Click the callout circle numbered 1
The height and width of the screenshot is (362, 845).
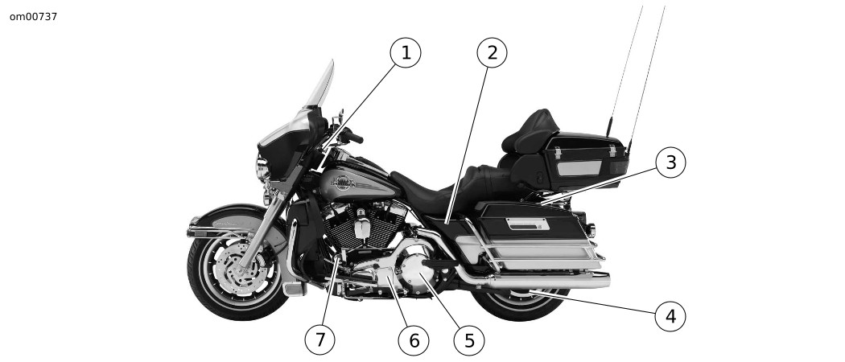[406, 53]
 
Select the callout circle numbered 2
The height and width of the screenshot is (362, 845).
[492, 53]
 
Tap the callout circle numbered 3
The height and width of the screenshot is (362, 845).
[670, 162]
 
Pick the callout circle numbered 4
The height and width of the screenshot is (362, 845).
[670, 316]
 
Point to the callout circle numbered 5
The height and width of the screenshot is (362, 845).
[469, 340]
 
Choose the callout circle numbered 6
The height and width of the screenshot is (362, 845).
[414, 340]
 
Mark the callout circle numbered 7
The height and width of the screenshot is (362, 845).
[320, 340]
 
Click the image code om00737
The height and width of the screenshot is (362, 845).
[33, 17]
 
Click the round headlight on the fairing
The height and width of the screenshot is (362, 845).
[262, 168]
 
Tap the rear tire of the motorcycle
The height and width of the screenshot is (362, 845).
[519, 304]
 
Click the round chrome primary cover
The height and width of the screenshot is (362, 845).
[415, 266]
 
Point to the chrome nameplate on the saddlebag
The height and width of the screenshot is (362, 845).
[528, 224]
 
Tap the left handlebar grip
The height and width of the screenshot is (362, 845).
[353, 137]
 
